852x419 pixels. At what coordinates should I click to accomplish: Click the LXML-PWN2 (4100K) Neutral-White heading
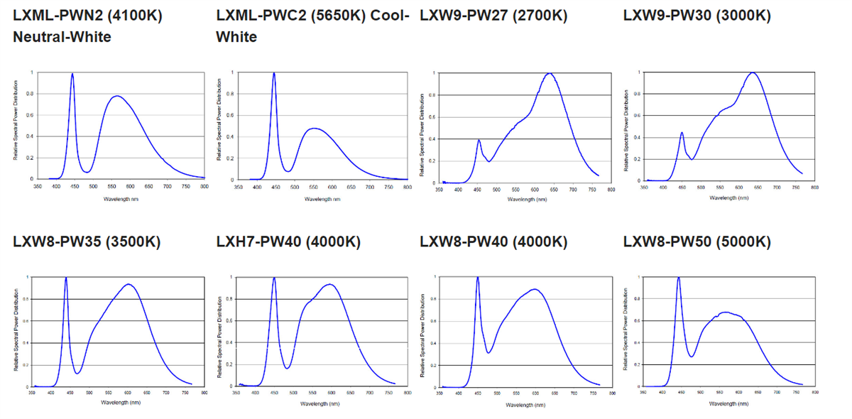[x=87, y=26]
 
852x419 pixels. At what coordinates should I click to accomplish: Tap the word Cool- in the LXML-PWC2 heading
[x=390, y=15]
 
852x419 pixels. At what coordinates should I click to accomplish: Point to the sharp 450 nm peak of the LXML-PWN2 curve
[x=72, y=74]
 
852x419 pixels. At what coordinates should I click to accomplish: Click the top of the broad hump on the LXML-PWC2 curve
[x=313, y=129]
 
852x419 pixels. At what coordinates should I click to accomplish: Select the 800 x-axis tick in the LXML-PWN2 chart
[x=204, y=186]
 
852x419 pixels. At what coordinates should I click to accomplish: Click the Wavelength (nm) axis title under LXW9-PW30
[x=729, y=198]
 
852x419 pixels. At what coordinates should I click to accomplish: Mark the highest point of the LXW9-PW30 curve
[x=753, y=72]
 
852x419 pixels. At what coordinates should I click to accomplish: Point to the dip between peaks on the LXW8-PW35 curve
[x=77, y=373]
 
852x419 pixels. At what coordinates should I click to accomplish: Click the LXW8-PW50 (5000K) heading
[x=697, y=241]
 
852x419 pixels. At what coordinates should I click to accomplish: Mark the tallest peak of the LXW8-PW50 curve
[x=679, y=278]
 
